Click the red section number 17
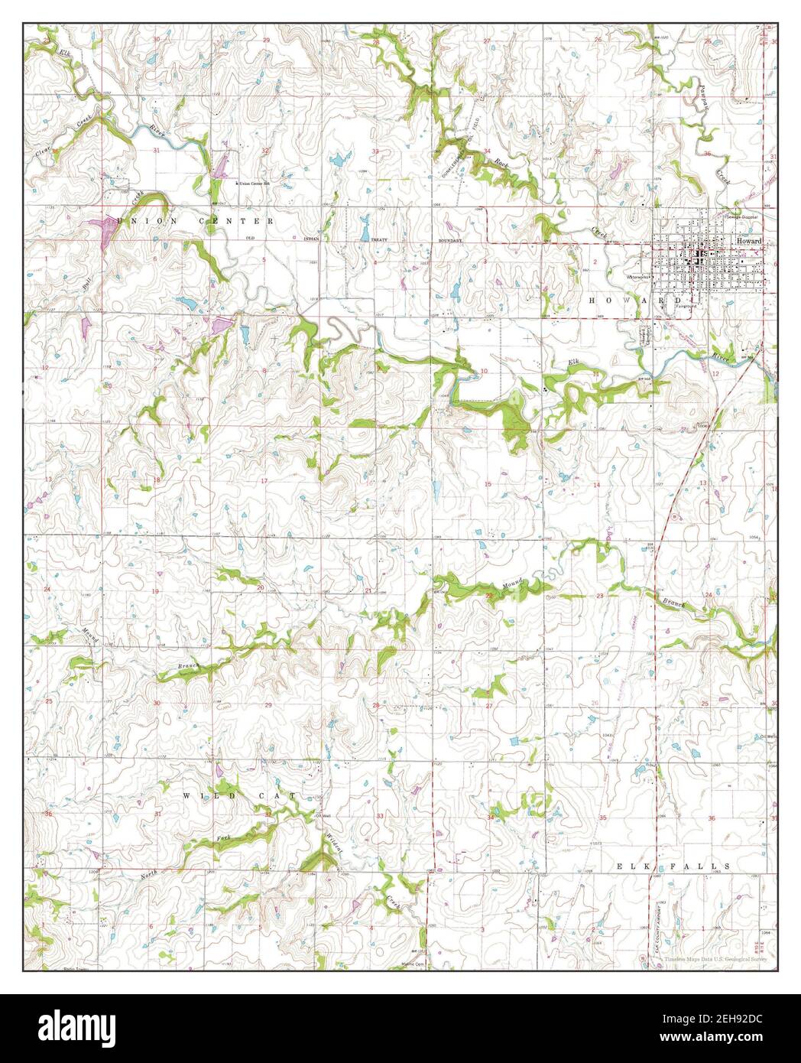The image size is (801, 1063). click(264, 481)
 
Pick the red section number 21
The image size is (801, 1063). click(368, 590)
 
